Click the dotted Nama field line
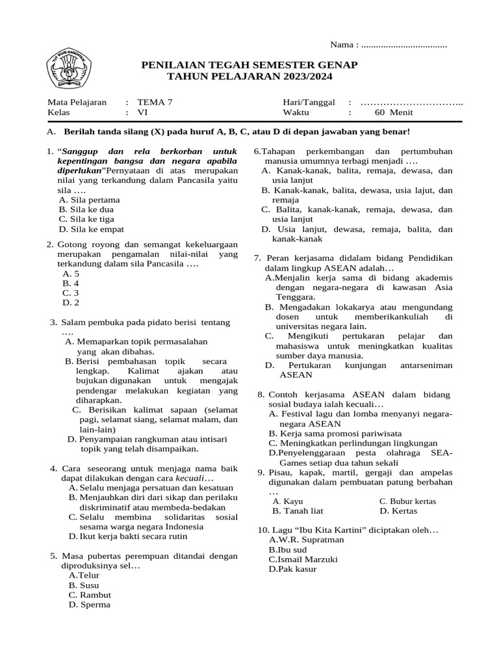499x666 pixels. click(403, 45)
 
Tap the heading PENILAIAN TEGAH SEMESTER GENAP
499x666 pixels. click(249, 66)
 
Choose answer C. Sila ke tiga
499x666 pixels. click(87, 219)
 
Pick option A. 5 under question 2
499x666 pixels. click(71, 274)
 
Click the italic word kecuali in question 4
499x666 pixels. click(190, 478)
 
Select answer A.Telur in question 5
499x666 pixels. click(84, 576)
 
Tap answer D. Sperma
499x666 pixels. click(90, 605)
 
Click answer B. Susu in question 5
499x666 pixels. click(84, 585)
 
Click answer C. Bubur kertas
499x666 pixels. click(408, 501)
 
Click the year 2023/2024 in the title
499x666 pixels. click(303, 77)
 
